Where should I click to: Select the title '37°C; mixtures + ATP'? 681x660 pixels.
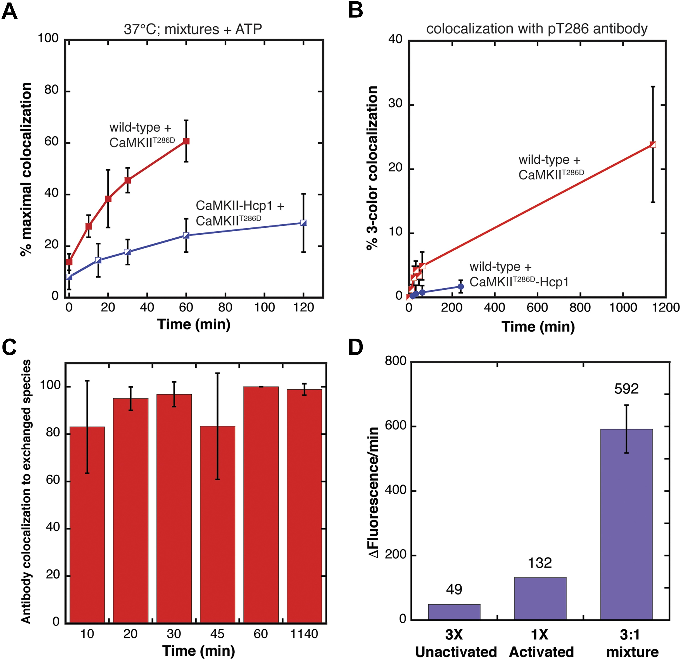(193, 29)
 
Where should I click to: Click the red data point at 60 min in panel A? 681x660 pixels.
(186, 141)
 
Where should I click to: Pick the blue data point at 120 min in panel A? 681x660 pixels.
(304, 223)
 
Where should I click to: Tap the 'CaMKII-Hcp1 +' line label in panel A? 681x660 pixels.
(240, 206)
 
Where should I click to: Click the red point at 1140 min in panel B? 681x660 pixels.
(653, 144)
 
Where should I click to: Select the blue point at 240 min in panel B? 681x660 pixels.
(461, 286)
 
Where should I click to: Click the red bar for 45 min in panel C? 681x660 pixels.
(218, 524)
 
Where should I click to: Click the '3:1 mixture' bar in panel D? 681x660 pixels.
(627, 525)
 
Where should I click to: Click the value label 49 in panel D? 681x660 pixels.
(454, 589)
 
